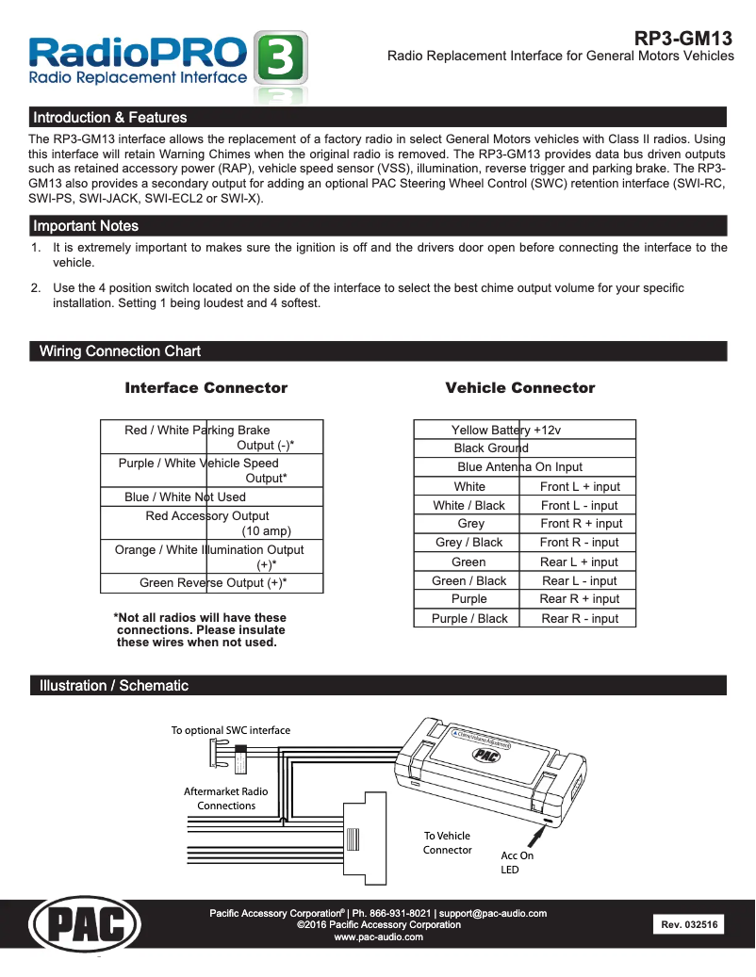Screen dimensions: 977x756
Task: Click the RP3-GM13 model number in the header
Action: click(682, 39)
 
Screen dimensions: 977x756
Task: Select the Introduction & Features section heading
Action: click(109, 118)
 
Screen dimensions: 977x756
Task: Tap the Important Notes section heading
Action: click(86, 226)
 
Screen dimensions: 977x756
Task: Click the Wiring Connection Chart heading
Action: click(120, 351)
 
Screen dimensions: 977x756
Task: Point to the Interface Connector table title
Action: click(206, 388)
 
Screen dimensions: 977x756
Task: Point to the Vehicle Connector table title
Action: click(519, 388)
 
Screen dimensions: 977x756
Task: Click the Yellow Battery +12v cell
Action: click(506, 431)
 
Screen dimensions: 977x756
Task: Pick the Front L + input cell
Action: click(580, 487)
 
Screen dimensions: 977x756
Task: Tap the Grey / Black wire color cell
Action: click(468, 543)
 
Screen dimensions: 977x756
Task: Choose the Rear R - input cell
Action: click(580, 619)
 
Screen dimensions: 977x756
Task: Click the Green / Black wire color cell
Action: click(468, 581)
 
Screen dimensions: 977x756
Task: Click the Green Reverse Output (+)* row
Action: click(213, 583)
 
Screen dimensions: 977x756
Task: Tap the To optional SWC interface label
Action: click(231, 730)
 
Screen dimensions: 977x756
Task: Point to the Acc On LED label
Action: click(517, 863)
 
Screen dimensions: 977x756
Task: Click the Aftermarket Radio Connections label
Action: click(226, 799)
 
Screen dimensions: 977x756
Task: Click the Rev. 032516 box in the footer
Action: click(689, 925)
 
